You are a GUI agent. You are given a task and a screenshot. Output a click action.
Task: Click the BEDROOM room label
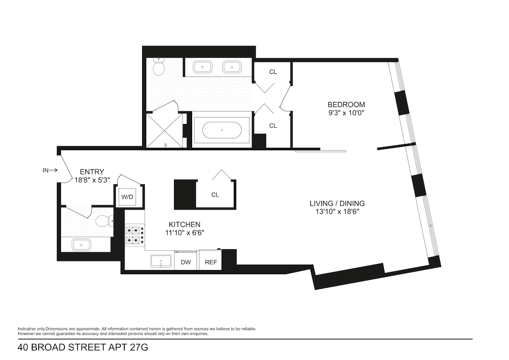(x=346, y=104)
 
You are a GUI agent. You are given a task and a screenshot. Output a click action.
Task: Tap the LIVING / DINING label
(x=337, y=203)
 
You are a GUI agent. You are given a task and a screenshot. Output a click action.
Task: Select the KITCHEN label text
(x=185, y=225)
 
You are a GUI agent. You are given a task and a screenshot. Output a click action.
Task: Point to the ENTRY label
(x=92, y=172)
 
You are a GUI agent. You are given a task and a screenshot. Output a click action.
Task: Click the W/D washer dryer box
(x=127, y=197)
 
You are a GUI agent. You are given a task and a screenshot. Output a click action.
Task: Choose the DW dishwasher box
(x=186, y=262)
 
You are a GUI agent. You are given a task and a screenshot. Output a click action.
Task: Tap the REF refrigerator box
(x=211, y=262)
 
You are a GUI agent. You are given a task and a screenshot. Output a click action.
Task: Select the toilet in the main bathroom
(x=159, y=67)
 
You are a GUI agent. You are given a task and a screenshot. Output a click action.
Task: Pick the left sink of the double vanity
(x=203, y=67)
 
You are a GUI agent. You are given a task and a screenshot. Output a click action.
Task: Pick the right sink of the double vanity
(x=232, y=67)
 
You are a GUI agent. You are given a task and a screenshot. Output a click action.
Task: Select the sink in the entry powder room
(x=81, y=245)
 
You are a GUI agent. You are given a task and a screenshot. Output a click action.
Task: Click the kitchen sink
(x=161, y=262)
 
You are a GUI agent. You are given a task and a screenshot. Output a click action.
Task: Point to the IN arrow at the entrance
(x=50, y=171)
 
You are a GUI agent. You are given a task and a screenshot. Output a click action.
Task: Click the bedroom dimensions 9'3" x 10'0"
(x=346, y=113)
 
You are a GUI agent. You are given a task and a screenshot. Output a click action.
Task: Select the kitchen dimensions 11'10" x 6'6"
(x=185, y=233)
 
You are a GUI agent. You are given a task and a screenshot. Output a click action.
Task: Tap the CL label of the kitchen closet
(x=215, y=195)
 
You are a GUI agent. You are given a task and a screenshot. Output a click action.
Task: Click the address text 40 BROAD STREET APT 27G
(x=83, y=348)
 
